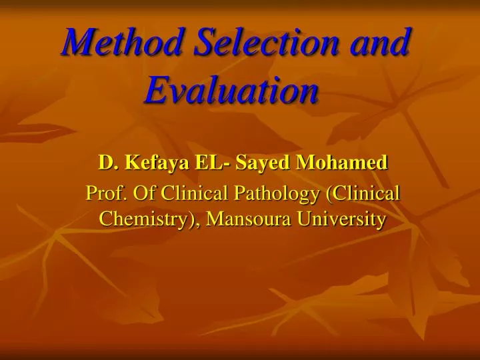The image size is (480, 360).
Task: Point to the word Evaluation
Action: click(231, 90)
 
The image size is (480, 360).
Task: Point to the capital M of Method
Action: click(75, 43)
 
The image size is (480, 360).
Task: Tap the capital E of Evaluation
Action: click(155, 90)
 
